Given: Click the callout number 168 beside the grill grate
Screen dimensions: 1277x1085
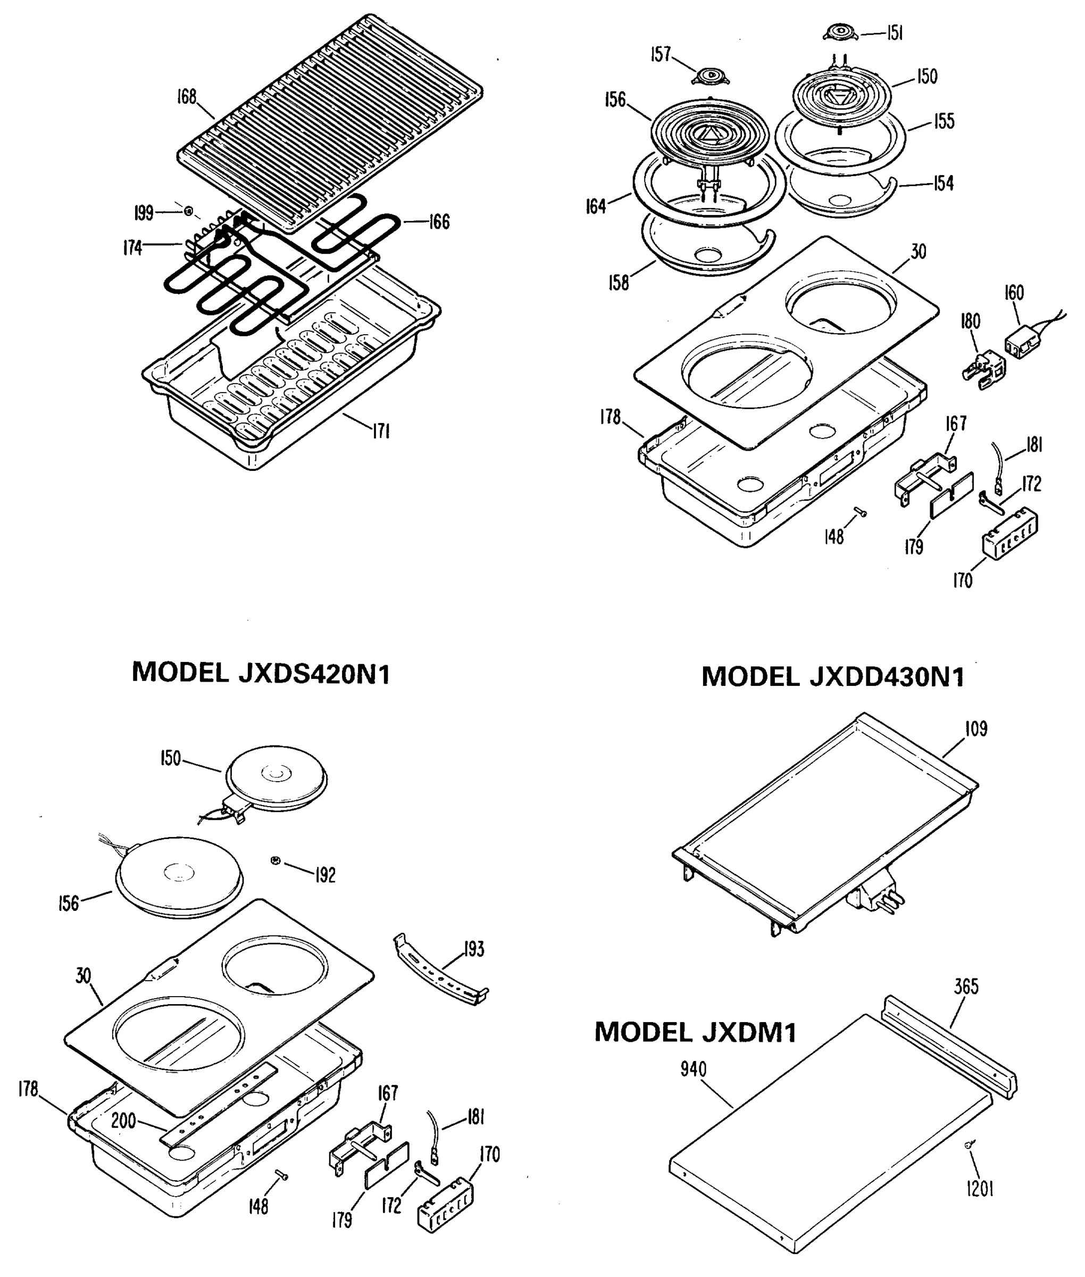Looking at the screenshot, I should coord(186,97).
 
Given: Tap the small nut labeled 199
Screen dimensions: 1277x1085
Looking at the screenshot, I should coord(189,212).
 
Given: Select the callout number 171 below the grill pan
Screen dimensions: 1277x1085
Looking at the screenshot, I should coord(381,432).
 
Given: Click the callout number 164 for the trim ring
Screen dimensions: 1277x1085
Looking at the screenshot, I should coord(595,206).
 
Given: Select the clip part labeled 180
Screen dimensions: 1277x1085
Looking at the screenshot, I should coord(983,374).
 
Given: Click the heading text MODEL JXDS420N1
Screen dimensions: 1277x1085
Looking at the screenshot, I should coord(261,673).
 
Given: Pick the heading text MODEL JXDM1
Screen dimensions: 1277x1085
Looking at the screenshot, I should coord(695,1032).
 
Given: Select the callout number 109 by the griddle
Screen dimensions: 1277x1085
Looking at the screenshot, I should coord(976,728).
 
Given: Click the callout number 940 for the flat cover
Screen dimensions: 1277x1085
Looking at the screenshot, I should coord(693,1069).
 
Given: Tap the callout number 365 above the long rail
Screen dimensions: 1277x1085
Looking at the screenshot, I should coord(966,986).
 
